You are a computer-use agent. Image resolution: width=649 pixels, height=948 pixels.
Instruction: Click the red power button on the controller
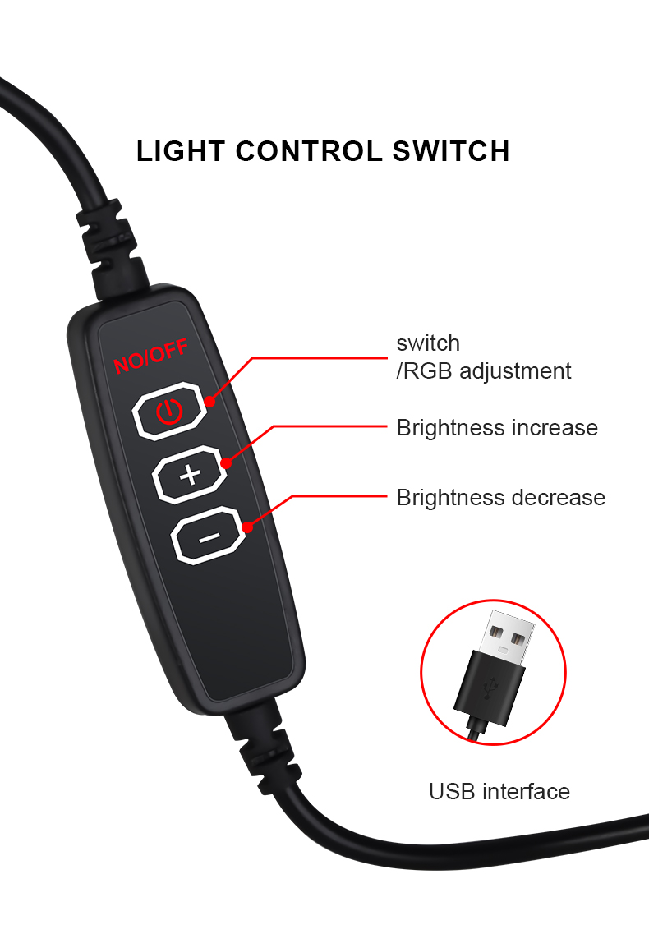[169, 411]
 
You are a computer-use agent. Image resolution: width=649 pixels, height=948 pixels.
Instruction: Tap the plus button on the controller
[190, 475]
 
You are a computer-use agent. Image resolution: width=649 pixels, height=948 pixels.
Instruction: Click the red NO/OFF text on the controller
[150, 356]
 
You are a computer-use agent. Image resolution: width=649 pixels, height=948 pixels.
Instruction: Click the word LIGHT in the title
[181, 151]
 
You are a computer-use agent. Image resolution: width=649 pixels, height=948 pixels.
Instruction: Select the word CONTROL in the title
[308, 151]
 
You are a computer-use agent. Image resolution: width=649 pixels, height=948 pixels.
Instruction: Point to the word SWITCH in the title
[451, 151]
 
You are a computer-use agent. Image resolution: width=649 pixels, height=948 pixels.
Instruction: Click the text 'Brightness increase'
[497, 427]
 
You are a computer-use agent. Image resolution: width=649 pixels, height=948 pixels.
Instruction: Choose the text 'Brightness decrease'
[501, 498]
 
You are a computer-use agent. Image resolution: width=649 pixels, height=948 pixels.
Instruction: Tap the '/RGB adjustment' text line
[483, 371]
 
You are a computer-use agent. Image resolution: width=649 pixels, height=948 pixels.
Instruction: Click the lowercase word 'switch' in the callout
[428, 343]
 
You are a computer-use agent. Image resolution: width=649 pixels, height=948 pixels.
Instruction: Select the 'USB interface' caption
[499, 791]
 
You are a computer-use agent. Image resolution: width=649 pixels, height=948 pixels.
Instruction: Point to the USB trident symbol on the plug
[490, 688]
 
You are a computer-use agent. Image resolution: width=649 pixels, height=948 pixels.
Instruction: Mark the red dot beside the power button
[209, 402]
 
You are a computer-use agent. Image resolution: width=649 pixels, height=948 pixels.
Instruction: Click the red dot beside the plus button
[226, 463]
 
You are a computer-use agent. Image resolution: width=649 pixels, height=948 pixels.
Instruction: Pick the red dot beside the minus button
[246, 528]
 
